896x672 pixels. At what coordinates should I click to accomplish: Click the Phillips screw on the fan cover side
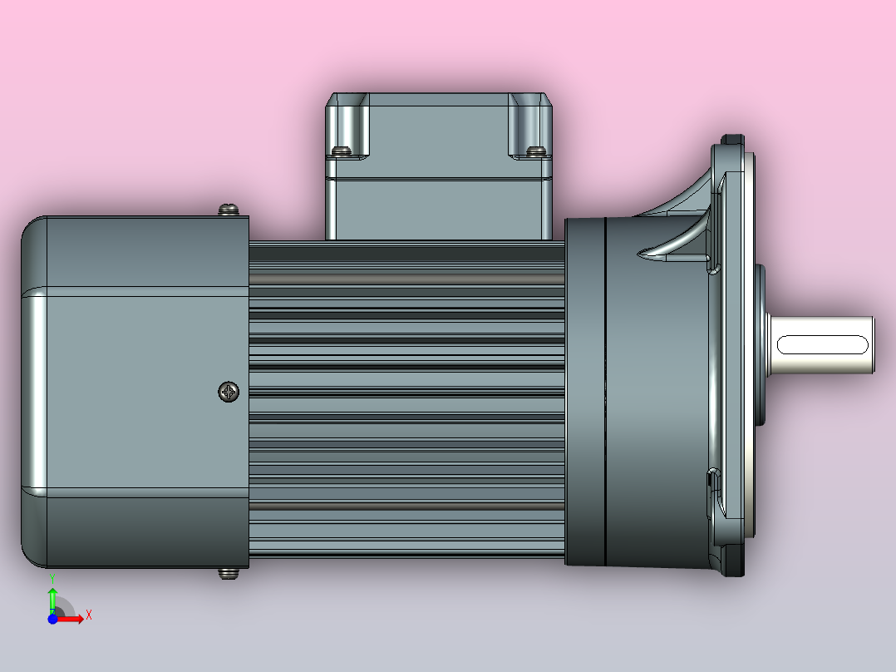pos(229,391)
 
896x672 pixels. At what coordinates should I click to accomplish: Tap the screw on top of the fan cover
pos(229,210)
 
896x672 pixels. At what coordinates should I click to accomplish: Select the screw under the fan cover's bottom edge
pos(228,572)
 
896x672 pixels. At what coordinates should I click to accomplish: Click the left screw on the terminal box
pos(341,151)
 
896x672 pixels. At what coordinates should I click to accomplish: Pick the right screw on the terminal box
pos(536,151)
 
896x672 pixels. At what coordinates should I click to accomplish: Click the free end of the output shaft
pos(873,344)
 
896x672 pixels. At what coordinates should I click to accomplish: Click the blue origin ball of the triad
pos(52,618)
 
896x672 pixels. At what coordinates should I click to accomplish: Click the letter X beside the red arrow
pos(89,615)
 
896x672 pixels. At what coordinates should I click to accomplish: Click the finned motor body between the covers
pos(407,399)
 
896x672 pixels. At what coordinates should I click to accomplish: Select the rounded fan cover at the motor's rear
pos(125,391)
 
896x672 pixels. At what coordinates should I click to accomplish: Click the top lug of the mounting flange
pos(732,141)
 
